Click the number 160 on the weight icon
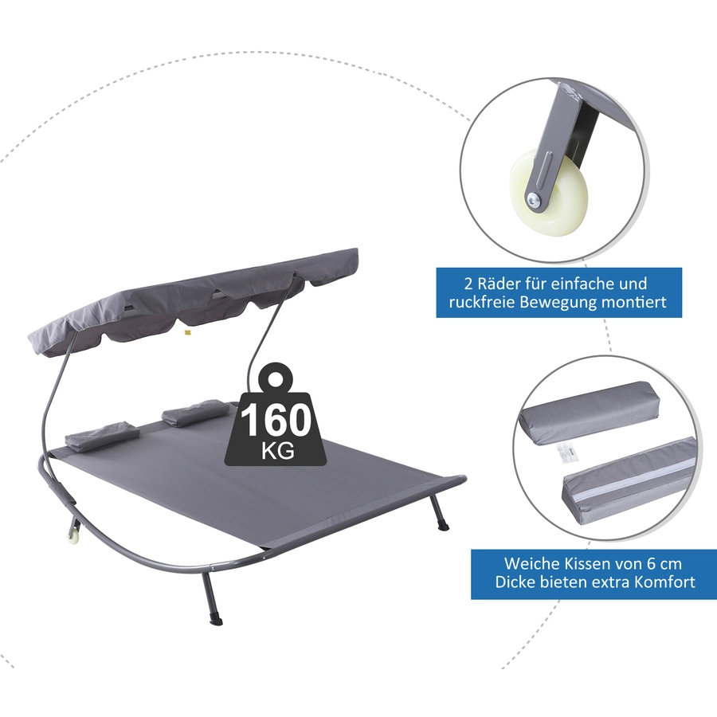276,421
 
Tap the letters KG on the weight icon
277,451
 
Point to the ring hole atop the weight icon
276,378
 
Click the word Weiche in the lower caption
527,563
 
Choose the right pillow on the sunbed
194,413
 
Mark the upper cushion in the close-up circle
590,413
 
